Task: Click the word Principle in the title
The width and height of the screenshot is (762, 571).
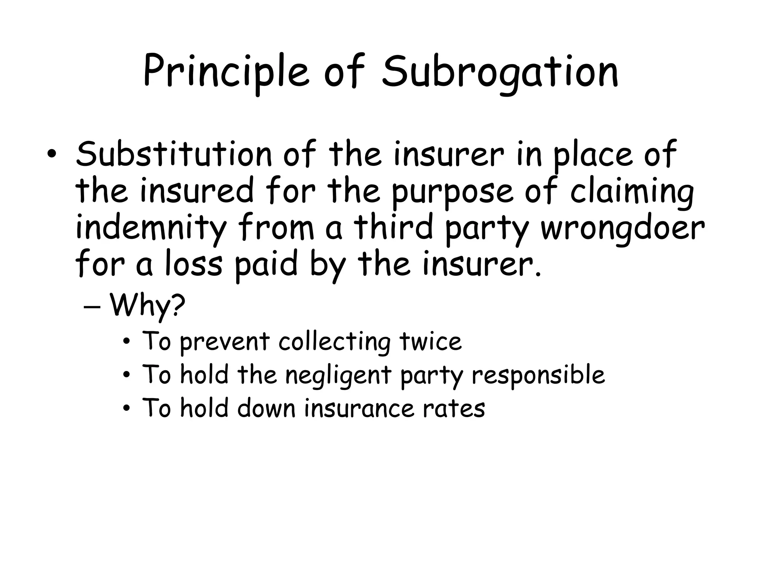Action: tap(226, 72)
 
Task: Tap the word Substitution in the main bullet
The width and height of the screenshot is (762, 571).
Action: tap(174, 154)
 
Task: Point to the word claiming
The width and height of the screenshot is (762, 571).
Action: tap(632, 192)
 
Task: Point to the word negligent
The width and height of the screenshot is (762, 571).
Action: tap(338, 375)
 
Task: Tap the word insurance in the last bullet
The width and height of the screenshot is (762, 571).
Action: tap(359, 408)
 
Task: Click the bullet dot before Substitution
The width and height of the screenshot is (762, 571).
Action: tap(52, 155)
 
